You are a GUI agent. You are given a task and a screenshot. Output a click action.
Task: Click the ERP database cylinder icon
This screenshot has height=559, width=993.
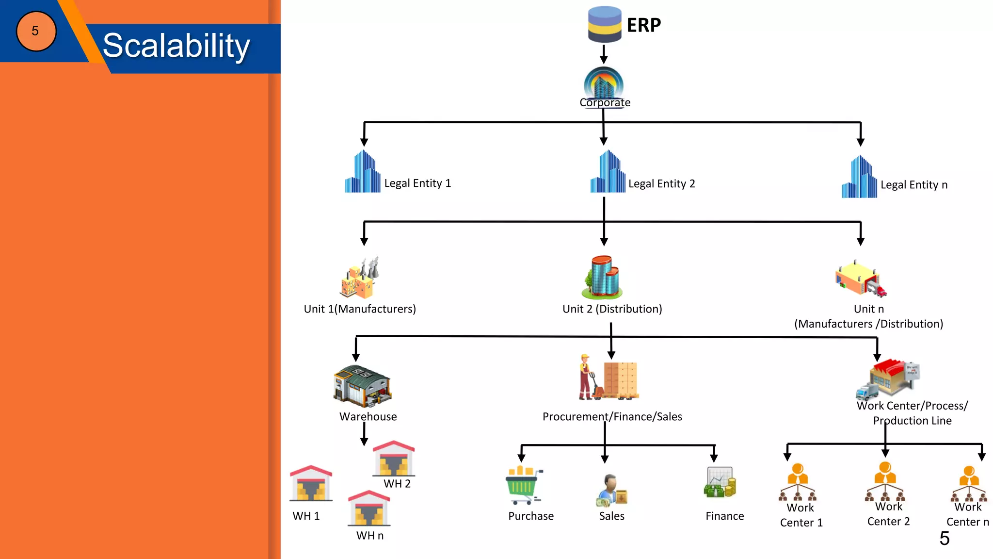point(604,24)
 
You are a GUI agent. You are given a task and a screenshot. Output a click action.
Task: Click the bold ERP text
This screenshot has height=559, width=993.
point(643,25)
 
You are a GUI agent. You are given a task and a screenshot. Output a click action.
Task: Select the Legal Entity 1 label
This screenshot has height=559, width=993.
point(417,183)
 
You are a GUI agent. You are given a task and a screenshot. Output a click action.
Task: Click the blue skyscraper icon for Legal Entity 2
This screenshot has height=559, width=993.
point(608,172)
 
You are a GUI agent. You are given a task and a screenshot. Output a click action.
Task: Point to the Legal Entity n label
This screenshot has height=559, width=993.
point(913,185)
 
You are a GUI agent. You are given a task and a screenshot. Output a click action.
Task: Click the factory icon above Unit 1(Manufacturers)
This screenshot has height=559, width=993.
point(359,278)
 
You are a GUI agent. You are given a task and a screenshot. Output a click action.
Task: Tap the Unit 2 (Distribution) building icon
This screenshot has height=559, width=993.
point(602,278)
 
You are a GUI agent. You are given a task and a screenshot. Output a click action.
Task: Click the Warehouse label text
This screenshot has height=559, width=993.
point(368,416)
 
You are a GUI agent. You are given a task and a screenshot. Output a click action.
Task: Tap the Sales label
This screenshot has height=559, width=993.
point(611,516)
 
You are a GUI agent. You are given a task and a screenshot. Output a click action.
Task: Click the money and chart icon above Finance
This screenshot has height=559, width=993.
point(720,483)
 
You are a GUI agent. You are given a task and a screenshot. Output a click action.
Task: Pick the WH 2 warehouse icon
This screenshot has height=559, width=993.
point(394,459)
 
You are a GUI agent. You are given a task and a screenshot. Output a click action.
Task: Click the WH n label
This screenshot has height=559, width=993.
point(369,535)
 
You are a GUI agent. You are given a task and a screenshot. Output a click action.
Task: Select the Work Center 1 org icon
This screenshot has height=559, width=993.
point(798,483)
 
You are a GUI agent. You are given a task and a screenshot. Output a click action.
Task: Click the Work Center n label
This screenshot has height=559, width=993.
point(967,514)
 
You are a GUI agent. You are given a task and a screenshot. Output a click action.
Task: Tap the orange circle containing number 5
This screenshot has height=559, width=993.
point(36,31)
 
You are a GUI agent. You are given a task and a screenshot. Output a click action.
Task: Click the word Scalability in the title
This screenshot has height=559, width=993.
point(176,46)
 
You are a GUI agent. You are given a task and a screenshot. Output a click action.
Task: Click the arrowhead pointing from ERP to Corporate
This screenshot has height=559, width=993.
point(604,60)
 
